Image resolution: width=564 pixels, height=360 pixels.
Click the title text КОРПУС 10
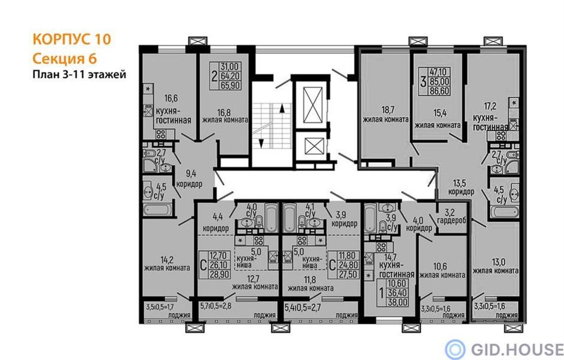pyautogui.click(x=72, y=39)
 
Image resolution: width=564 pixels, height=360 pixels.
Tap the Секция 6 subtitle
pyautogui.click(x=65, y=58)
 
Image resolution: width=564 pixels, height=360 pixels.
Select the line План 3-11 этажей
pyautogui.click(x=80, y=74)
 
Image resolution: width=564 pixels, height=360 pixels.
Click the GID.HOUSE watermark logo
pyautogui.click(x=504, y=349)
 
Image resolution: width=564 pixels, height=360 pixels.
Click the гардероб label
pyautogui.click(x=451, y=220)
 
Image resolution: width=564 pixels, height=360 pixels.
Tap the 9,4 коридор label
pyautogui.click(x=189, y=179)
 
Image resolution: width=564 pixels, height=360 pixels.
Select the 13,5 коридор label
pyautogui.click(x=461, y=187)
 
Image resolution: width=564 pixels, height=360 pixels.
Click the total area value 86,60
pyautogui.click(x=439, y=91)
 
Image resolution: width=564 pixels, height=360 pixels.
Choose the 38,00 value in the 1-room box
pyautogui.click(x=397, y=302)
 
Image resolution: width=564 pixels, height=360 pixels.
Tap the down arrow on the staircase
pyautogui.click(x=261, y=143)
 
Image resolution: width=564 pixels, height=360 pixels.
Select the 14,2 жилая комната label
pyautogui.click(x=167, y=264)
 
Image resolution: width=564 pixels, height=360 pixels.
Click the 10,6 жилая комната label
pyautogui.click(x=442, y=271)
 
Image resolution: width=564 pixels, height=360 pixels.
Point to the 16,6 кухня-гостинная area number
pyautogui.click(x=172, y=98)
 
